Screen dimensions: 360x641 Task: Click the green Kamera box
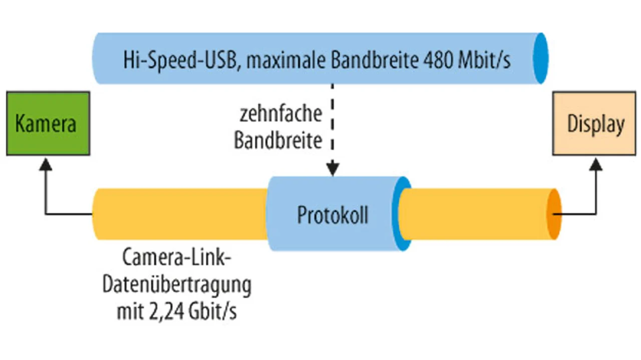pos(48,123)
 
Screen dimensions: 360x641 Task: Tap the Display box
pos(594,123)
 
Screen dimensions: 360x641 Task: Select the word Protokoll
pos(333,215)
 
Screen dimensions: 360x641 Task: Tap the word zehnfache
pos(280,114)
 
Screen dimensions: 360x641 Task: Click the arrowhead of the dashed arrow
pos(333,169)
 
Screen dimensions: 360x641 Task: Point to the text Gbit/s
pos(212,312)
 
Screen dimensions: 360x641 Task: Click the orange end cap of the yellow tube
pos(553,214)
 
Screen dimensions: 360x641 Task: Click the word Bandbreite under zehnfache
pos(278,141)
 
